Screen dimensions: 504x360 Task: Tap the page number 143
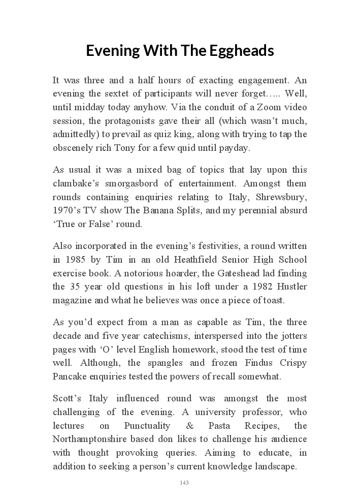(x=184, y=483)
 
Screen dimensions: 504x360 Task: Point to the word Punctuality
(x=147, y=425)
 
